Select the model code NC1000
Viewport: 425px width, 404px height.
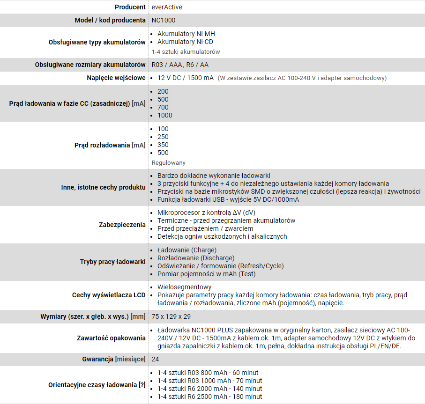(x=164, y=21)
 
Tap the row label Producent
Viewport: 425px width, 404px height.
(x=130, y=7)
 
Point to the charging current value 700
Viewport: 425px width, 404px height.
(x=163, y=107)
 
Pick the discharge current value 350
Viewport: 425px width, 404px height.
(x=163, y=145)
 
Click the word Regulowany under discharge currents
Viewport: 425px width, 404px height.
(x=169, y=162)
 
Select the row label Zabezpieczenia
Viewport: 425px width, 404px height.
(x=122, y=225)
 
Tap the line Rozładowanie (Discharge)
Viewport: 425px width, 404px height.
(x=196, y=258)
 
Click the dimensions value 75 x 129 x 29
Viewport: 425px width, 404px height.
(x=171, y=316)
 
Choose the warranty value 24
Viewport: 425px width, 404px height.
(x=156, y=359)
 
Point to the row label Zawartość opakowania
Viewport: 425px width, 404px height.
(x=111, y=338)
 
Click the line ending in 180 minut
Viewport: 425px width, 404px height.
(x=210, y=397)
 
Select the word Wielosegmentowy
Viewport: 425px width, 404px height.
(x=185, y=287)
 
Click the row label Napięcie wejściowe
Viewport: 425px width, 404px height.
(x=116, y=78)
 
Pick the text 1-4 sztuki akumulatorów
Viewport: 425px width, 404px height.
(x=186, y=51)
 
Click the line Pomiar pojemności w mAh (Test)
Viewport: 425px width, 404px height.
(x=206, y=274)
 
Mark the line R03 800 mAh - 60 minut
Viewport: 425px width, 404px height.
(x=208, y=373)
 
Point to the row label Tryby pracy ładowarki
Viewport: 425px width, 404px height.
(x=112, y=262)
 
